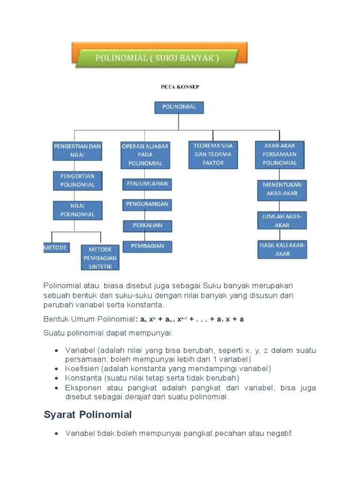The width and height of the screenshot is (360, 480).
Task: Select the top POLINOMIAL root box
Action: tap(179, 107)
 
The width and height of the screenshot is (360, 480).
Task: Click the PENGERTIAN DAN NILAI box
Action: tap(77, 151)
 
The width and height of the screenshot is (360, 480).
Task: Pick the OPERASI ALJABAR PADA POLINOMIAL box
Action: tap(145, 155)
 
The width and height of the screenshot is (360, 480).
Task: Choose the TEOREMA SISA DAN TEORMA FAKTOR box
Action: tap(213, 154)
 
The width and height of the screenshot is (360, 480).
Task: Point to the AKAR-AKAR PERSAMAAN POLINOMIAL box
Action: tap(280, 154)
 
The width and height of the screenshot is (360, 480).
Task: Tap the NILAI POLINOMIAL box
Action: tap(77, 210)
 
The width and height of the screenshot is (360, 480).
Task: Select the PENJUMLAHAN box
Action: tap(147, 184)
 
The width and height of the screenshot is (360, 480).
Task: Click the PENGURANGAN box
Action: tap(147, 205)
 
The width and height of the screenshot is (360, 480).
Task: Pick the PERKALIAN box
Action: tap(147, 225)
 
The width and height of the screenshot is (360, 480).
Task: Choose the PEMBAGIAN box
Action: tap(147, 246)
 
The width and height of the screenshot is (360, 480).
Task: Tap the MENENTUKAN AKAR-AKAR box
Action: tap(282, 189)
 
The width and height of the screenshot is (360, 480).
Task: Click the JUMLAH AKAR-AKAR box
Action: tap(282, 221)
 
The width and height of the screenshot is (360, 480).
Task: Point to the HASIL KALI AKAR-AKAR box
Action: tap(282, 249)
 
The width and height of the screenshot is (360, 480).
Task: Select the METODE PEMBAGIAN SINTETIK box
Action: tap(100, 257)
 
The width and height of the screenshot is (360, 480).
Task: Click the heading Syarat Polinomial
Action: tap(88, 415)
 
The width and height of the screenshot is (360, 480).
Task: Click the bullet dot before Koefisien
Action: tap(56, 369)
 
